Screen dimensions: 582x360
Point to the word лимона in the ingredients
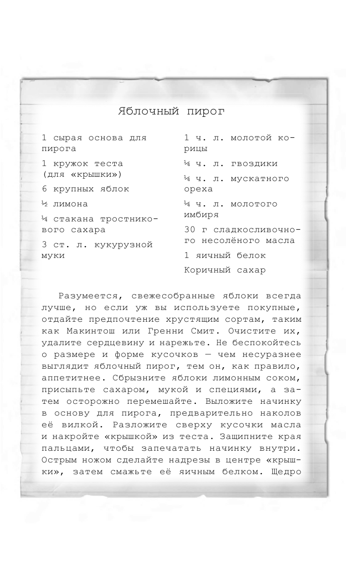click(70, 204)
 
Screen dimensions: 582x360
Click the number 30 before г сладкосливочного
click(190, 230)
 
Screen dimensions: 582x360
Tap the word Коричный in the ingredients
click(205, 270)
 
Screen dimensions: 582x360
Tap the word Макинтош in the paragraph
click(82, 331)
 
